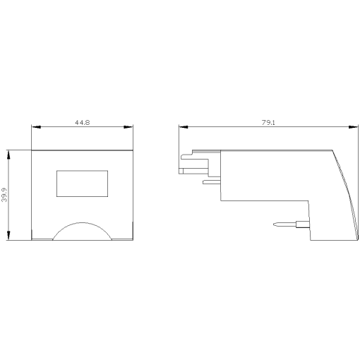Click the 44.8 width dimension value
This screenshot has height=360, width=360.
tap(83, 123)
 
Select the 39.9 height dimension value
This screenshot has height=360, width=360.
tap(4, 195)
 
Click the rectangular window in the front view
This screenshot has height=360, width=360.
tap(83, 183)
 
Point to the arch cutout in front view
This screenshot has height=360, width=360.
tap(83, 232)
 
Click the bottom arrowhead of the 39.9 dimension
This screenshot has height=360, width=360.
tap(8, 237)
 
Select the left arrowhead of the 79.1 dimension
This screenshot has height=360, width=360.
tap(183, 128)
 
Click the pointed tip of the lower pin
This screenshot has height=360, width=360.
tap(273, 226)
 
